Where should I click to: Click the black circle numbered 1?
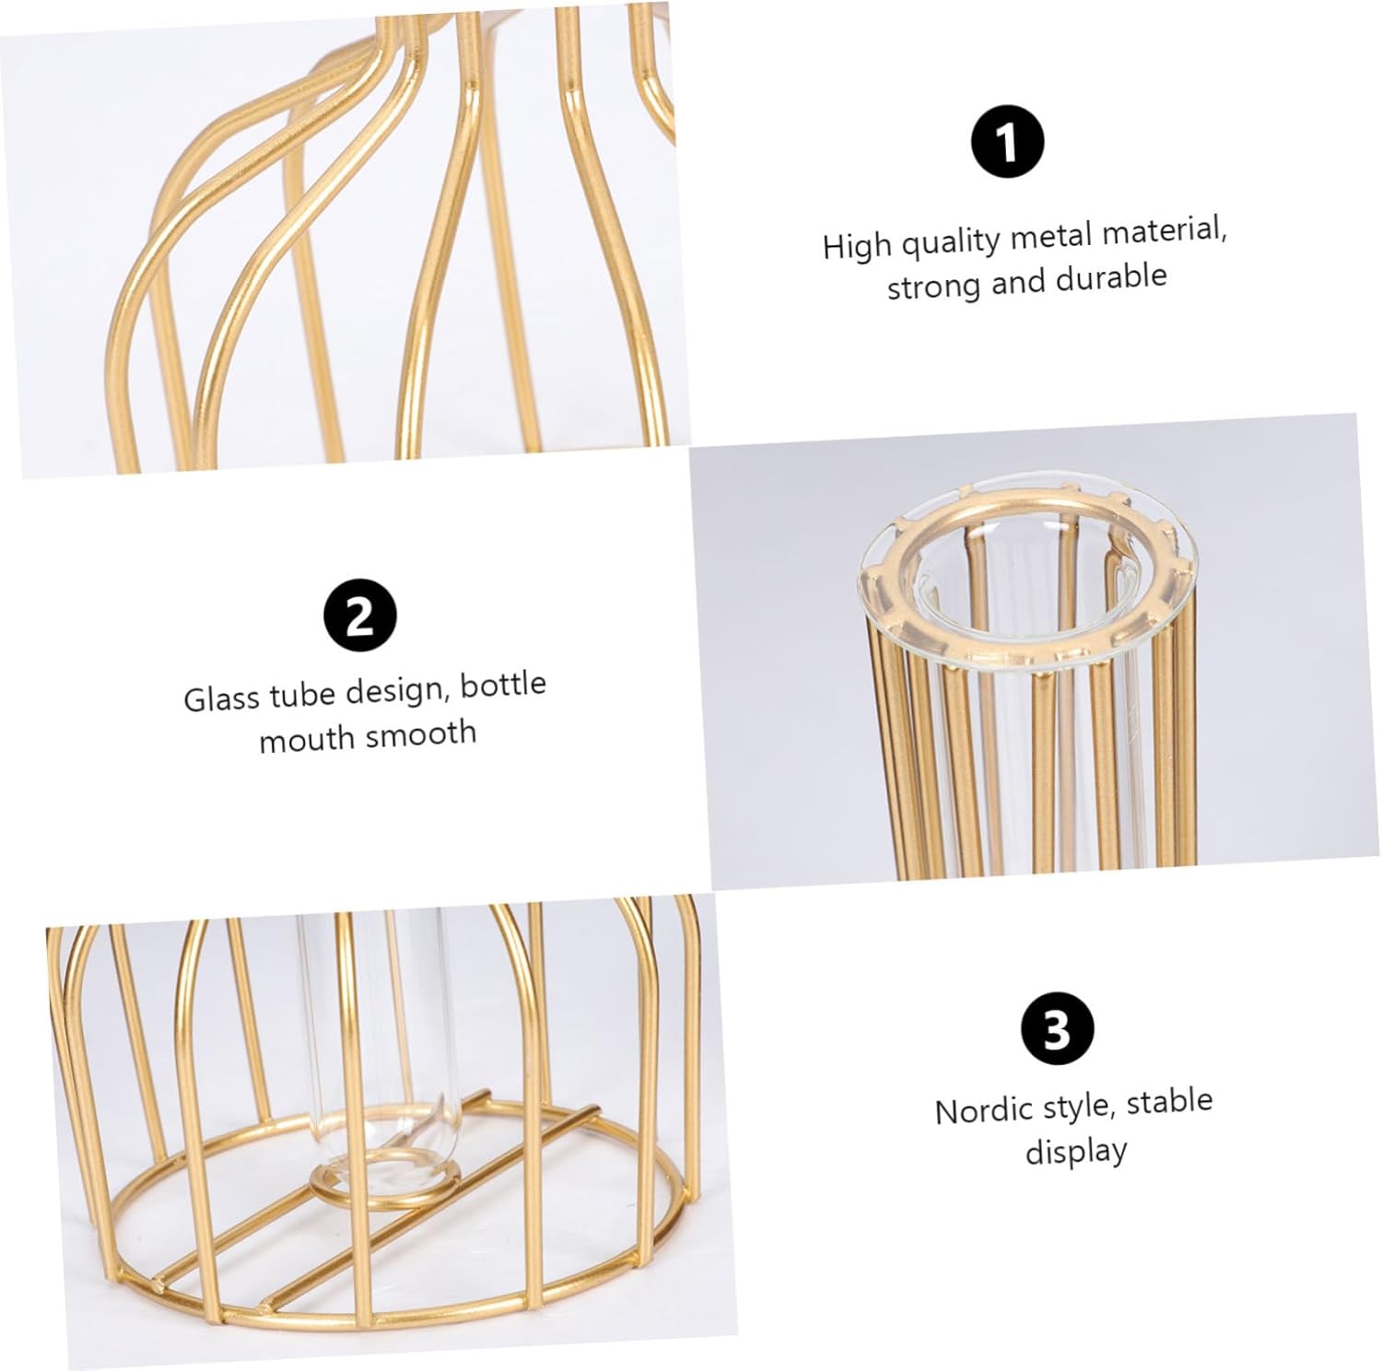click(x=1008, y=143)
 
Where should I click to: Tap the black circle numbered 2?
click(x=360, y=615)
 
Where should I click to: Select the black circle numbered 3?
click(x=1058, y=1028)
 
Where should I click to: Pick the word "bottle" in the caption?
click(x=503, y=685)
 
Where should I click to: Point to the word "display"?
click(x=1076, y=1153)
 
